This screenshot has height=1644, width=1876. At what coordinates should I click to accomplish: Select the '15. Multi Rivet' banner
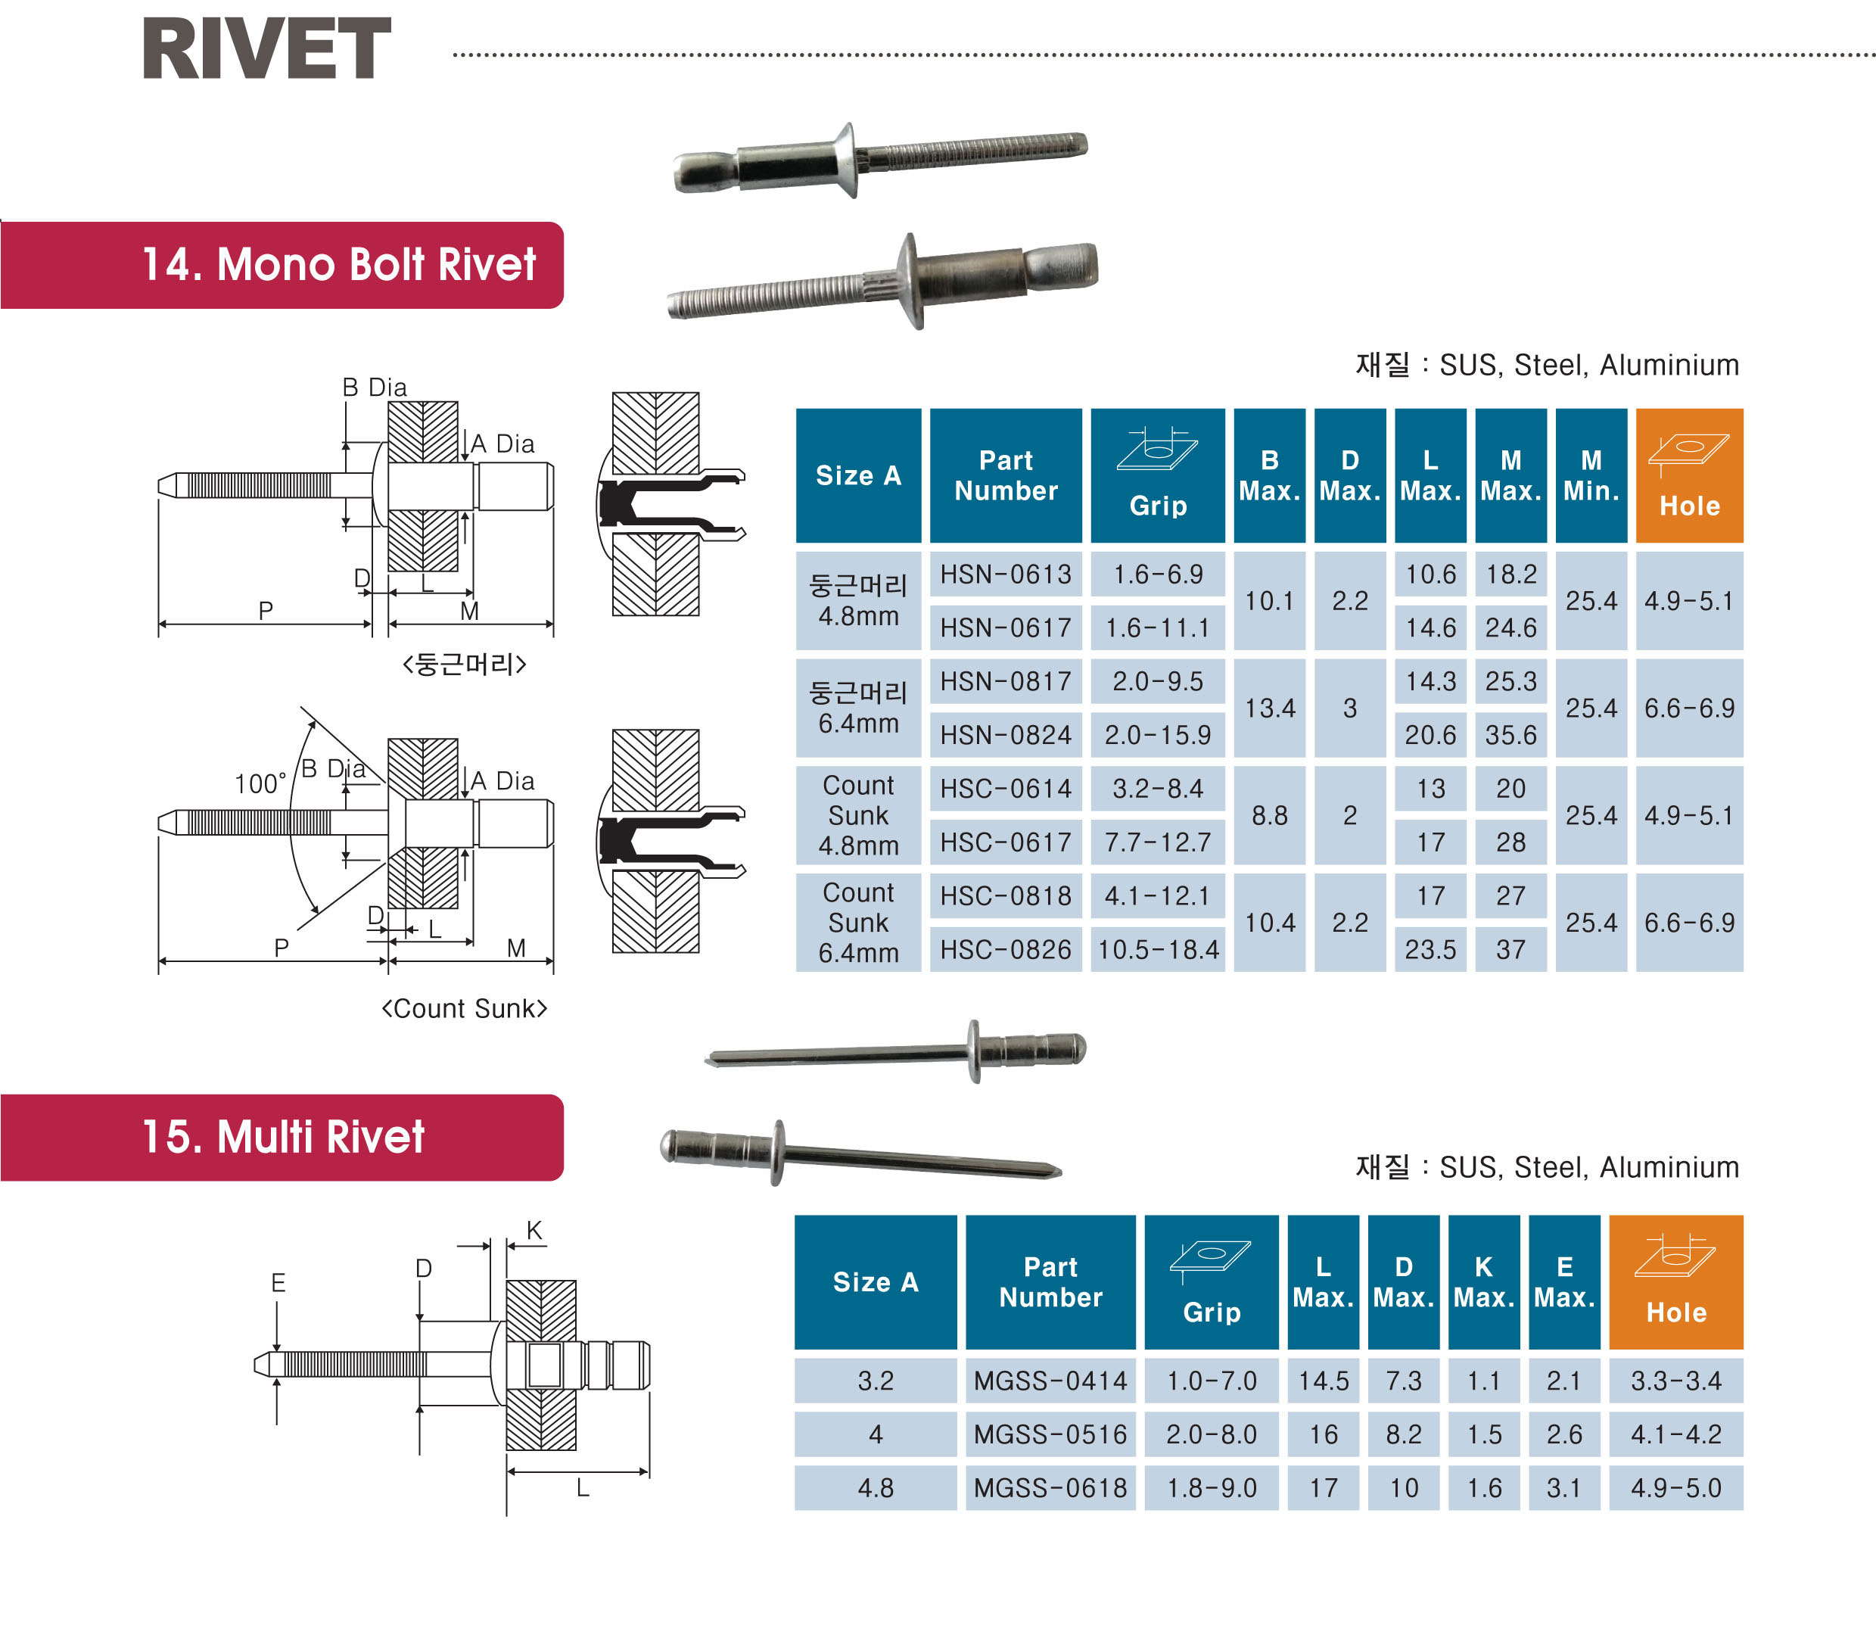(284, 1137)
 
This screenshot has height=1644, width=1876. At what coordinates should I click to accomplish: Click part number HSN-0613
(1006, 574)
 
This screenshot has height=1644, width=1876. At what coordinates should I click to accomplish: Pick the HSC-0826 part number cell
(1006, 949)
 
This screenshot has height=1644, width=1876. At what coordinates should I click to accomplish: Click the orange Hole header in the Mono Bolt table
(1689, 475)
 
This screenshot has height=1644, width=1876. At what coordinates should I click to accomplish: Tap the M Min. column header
(1591, 475)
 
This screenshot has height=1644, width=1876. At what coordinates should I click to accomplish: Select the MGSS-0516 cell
(1050, 1434)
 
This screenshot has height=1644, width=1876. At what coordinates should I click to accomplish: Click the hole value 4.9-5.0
(1676, 1488)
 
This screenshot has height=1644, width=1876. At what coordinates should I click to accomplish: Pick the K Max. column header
(1483, 1281)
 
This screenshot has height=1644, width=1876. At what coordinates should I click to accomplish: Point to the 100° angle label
(260, 784)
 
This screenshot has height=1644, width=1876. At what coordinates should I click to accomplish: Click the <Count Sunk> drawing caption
(464, 1009)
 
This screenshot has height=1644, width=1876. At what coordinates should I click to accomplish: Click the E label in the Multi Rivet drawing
(278, 1282)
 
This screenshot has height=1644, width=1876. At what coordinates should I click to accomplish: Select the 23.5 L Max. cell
(1430, 949)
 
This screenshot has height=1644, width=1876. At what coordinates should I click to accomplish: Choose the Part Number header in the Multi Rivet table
(1050, 1281)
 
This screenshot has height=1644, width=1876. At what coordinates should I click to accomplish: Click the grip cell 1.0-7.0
(1211, 1381)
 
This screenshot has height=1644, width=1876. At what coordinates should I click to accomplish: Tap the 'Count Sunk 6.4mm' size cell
(859, 923)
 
